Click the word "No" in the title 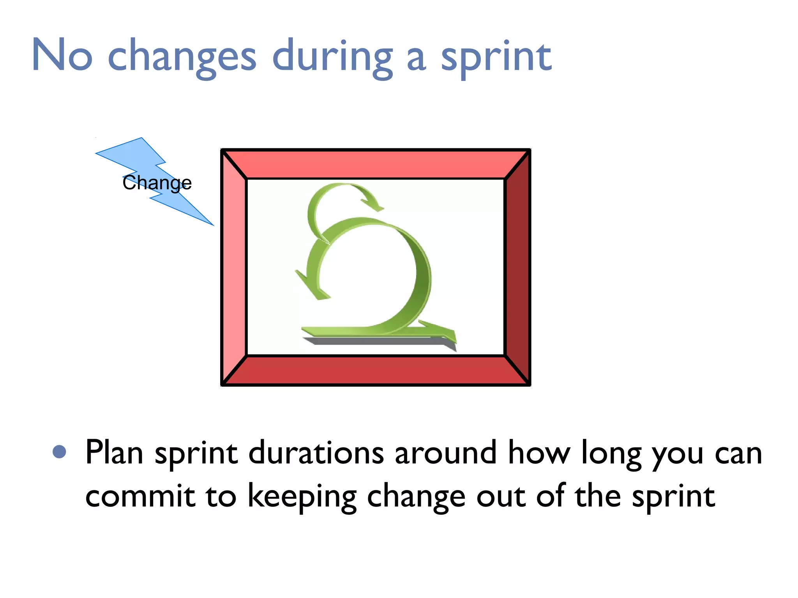[x=62, y=55]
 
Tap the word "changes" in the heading [x=182, y=58]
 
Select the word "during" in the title [x=332, y=58]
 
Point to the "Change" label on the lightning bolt [x=157, y=183]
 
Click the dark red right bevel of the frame [x=517, y=267]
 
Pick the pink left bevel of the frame [x=234, y=267]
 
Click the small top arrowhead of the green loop [x=373, y=205]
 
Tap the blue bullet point [x=59, y=452]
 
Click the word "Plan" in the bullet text [x=114, y=452]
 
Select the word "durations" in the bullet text [x=316, y=452]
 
